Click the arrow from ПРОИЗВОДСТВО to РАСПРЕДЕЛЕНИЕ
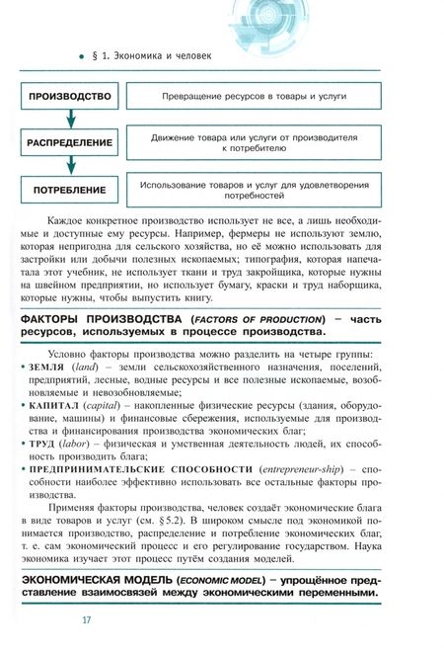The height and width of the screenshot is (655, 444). [x=69, y=120]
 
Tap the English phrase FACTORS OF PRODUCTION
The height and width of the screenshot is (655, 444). [x=259, y=321]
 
